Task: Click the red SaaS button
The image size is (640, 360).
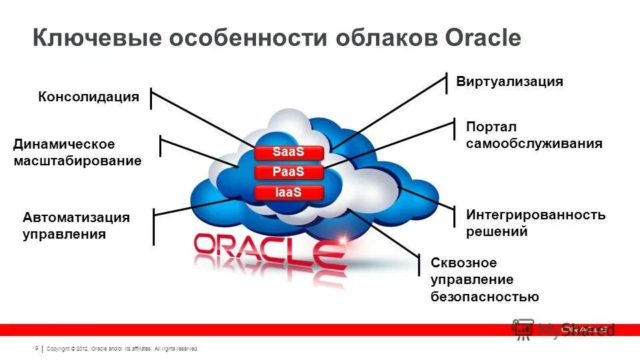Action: tap(289, 152)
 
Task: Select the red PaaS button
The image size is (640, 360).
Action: tap(289, 172)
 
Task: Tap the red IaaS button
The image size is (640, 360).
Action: tap(289, 193)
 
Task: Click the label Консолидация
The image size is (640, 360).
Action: tap(89, 97)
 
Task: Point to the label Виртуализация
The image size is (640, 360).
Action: tap(509, 82)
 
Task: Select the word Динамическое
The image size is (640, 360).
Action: tap(64, 145)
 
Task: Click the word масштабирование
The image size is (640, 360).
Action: tap(77, 161)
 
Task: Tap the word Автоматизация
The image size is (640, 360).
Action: tap(76, 217)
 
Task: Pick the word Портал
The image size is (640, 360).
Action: tap(491, 127)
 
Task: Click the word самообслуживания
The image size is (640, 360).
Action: tap(534, 143)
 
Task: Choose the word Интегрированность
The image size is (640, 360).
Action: tap(536, 215)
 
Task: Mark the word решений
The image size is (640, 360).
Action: tap(497, 232)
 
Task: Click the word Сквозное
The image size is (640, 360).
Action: tap(464, 263)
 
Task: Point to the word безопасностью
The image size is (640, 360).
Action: tap(485, 297)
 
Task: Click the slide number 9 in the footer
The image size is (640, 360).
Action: tap(35, 348)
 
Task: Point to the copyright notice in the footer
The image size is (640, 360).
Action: tap(123, 349)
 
